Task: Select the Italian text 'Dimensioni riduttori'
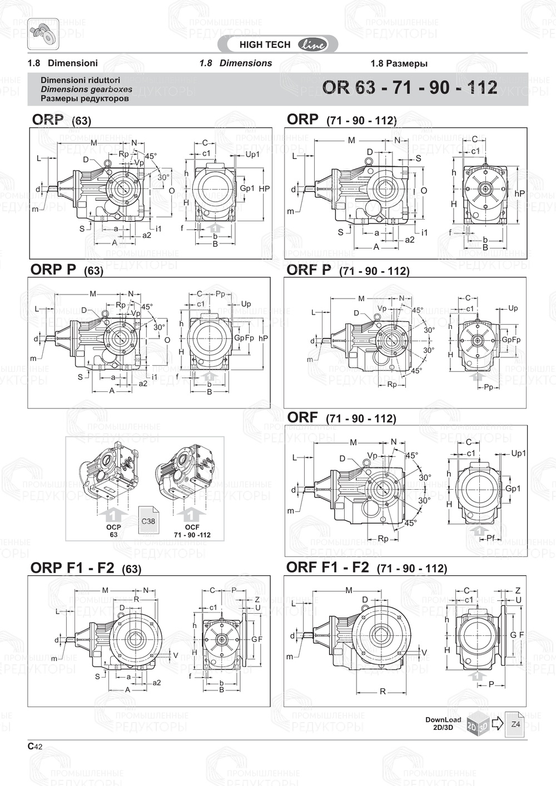(80, 80)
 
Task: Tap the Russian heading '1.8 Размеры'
(399, 63)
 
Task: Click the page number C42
(34, 747)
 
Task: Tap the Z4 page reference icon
(515, 724)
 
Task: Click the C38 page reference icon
(148, 520)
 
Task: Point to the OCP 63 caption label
(113, 531)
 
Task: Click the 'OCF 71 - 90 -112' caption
(192, 531)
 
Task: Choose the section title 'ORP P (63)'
(67, 270)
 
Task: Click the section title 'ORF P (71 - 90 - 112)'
(348, 270)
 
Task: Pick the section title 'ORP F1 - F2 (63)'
(86, 568)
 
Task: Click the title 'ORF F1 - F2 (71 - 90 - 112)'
(366, 568)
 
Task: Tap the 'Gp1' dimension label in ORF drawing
(513, 489)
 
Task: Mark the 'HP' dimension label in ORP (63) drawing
(264, 188)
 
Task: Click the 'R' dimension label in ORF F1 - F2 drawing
(383, 692)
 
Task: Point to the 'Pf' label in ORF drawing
(490, 538)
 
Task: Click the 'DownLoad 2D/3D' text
(443, 723)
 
